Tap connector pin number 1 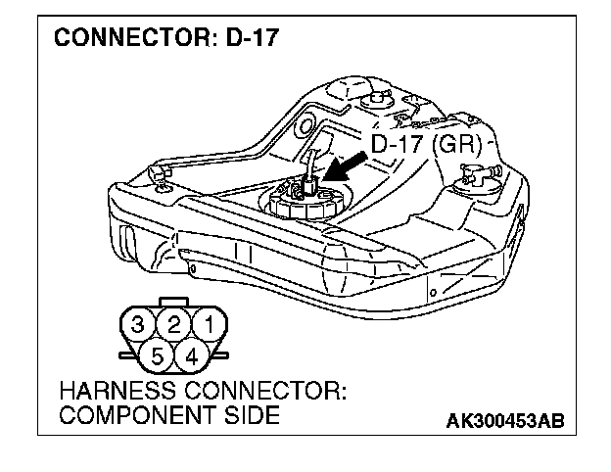(207, 323)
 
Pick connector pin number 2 (173, 323)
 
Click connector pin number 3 (141, 323)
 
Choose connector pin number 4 (190, 354)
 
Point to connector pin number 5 (158, 354)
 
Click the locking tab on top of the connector (173, 301)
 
